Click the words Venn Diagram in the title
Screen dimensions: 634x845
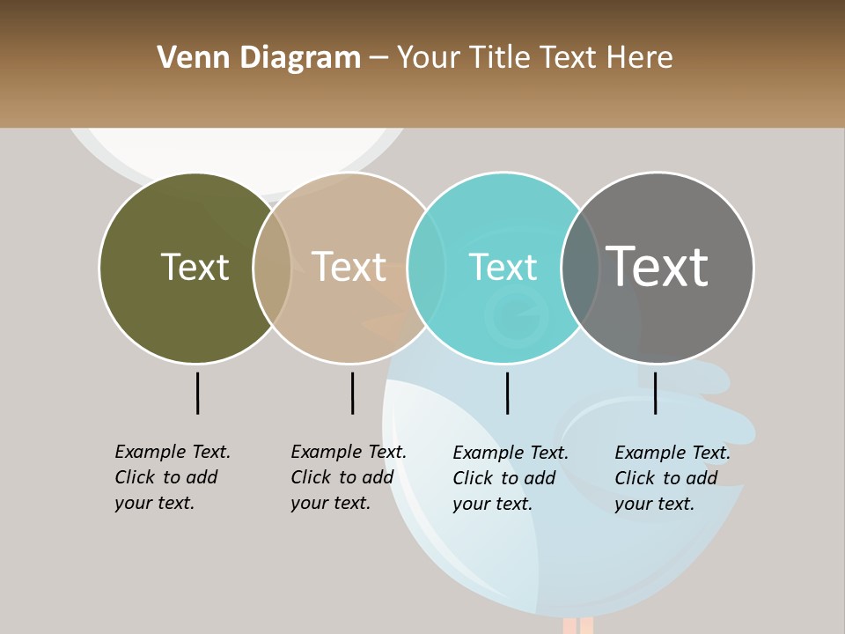(259, 58)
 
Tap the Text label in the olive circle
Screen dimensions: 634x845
(195, 267)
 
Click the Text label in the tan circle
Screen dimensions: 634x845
(349, 267)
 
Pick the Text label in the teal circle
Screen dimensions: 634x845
(503, 267)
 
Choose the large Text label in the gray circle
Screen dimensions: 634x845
(658, 267)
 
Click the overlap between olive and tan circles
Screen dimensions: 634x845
(272, 268)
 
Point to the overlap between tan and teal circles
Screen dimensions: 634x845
(426, 268)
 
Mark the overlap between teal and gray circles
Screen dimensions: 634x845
(580, 268)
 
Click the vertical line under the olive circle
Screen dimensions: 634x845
(197, 393)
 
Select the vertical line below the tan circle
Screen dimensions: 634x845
(352, 393)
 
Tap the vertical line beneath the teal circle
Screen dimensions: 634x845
(507, 393)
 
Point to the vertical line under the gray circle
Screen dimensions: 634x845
(655, 393)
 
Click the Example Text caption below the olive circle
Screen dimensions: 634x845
(172, 477)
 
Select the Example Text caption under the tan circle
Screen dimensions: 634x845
(348, 477)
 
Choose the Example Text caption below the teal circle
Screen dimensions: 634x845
(510, 478)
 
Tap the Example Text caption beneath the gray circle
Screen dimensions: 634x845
(672, 478)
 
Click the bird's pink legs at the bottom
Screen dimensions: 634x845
(577, 625)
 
